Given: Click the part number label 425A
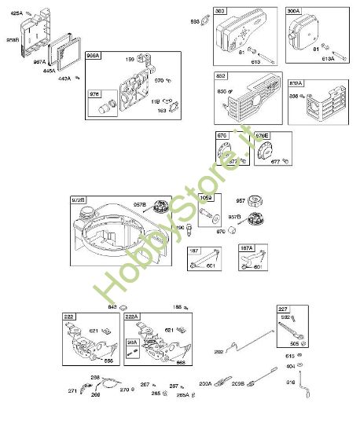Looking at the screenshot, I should click(17, 13).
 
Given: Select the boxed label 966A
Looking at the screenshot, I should click(94, 56).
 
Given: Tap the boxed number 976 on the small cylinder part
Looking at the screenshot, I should click(96, 94).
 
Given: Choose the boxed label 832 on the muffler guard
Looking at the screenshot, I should click(220, 76).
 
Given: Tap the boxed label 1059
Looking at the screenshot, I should click(206, 197).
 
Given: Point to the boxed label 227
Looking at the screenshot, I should click(283, 309).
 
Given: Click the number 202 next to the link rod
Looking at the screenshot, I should click(219, 351).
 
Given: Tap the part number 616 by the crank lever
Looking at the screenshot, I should click(290, 382).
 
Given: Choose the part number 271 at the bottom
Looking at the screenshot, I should click(72, 390).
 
